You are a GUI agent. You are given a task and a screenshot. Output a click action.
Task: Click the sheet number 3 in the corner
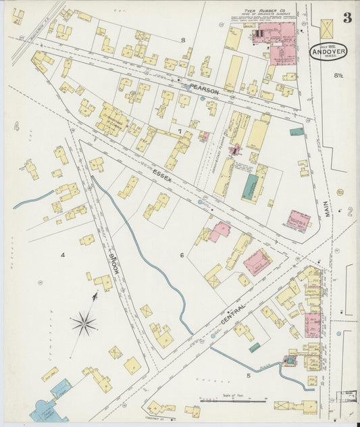click(x=346, y=18)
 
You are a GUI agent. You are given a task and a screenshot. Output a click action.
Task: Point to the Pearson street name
click(x=205, y=87)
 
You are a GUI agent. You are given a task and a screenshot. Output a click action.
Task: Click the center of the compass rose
click(x=84, y=324)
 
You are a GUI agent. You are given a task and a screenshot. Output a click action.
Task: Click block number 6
click(x=182, y=255)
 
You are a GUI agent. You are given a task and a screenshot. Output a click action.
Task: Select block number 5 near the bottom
click(x=248, y=374)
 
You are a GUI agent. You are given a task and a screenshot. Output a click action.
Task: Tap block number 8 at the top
click(x=182, y=40)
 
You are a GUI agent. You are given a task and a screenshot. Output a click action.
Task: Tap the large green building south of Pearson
click(x=251, y=186)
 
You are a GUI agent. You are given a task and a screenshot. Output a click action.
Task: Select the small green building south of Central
click(x=255, y=348)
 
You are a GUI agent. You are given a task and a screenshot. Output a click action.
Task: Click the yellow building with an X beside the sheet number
click(x=327, y=28)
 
